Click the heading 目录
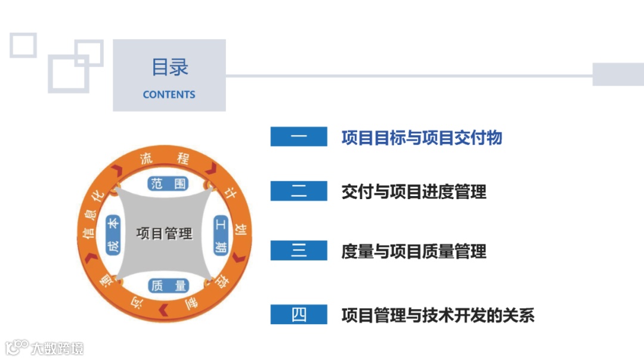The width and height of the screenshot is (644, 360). [169, 67]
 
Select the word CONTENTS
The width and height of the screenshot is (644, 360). [169, 94]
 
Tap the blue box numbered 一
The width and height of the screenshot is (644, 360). [299, 136]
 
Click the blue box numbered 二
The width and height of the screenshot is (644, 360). [299, 191]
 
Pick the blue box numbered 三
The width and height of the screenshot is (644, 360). [299, 251]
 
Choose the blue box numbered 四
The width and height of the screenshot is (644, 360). [299, 314]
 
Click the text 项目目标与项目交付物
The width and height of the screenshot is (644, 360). [422, 138]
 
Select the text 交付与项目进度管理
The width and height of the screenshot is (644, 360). [414, 191]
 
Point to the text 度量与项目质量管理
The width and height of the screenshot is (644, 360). [414, 252]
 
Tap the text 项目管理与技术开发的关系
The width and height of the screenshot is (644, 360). [438, 315]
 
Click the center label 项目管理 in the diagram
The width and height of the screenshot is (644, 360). [165, 233]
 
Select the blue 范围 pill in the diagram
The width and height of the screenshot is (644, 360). [169, 183]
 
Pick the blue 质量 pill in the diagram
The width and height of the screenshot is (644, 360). [169, 285]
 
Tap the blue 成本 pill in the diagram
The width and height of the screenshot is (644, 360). [113, 235]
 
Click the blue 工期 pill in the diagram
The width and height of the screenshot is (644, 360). [221, 235]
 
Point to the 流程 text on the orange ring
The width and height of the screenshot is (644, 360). [165, 158]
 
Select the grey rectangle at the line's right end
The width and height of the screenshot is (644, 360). [618, 74]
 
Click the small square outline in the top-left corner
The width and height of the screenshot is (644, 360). [23, 45]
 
